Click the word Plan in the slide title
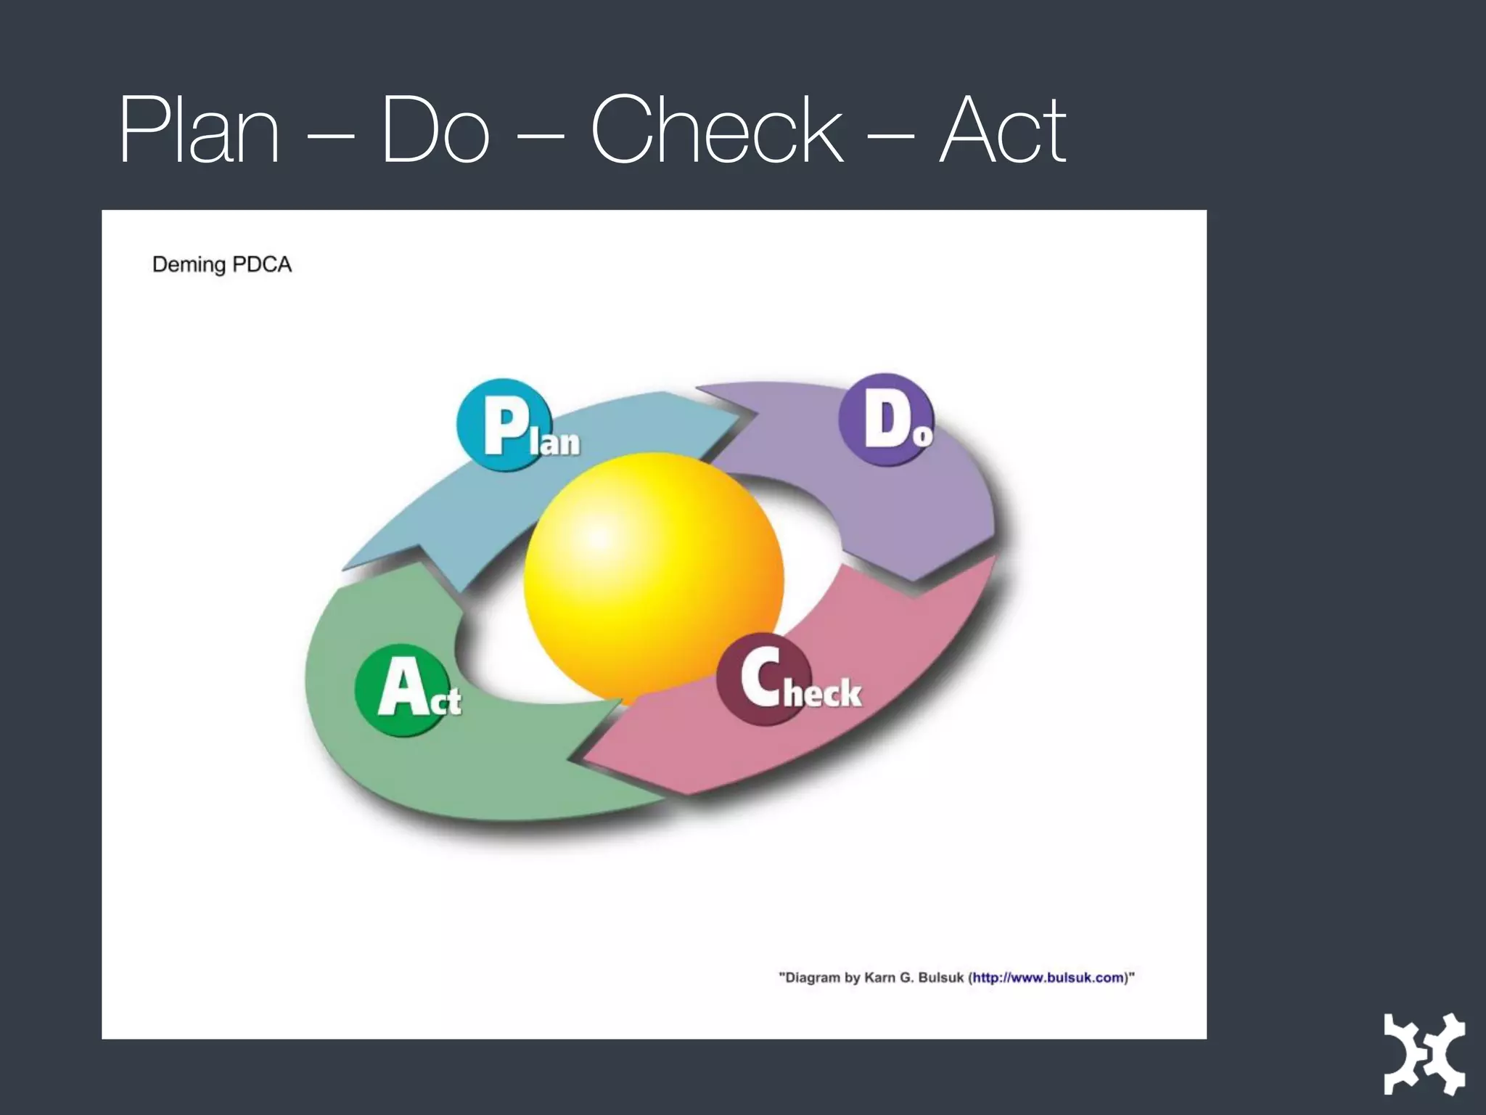point(200,131)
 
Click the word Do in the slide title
point(435,131)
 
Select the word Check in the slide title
point(717,131)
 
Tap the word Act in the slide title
point(1002,131)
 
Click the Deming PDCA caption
point(221,264)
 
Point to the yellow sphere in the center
point(653,573)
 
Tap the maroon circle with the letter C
point(762,679)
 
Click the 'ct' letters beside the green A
point(446,701)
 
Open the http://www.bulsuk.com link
point(1048,978)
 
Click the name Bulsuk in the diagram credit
point(940,978)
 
